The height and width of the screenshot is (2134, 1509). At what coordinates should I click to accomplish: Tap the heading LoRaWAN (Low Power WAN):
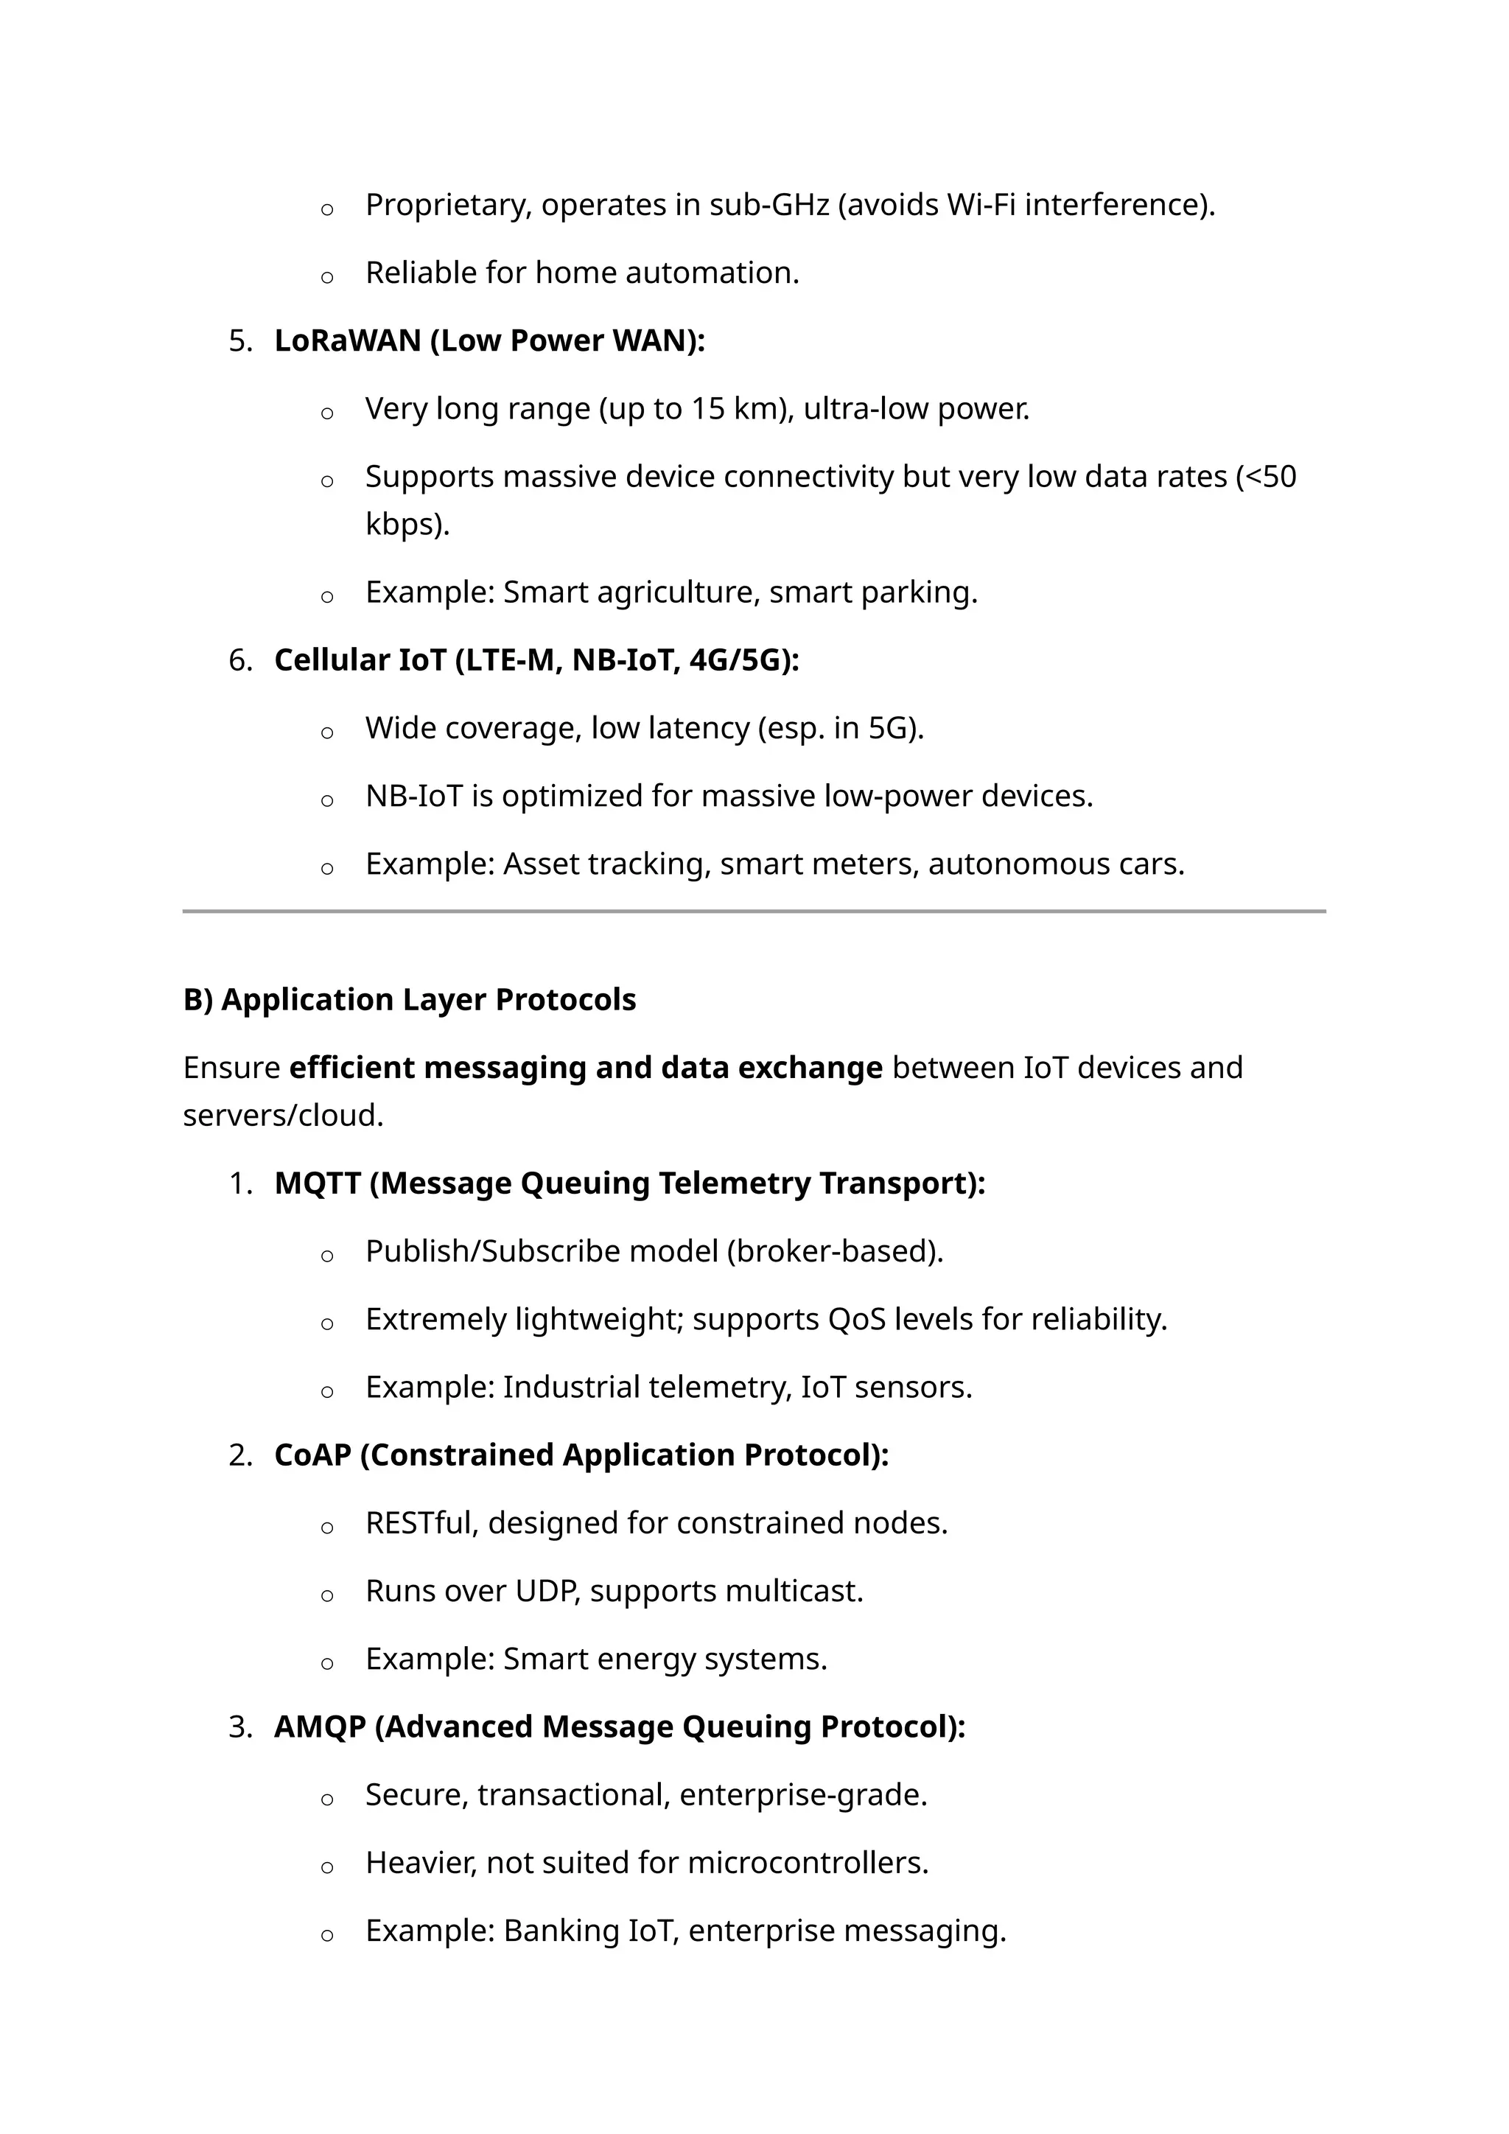(x=490, y=341)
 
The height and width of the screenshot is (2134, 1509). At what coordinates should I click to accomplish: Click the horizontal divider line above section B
(x=754, y=912)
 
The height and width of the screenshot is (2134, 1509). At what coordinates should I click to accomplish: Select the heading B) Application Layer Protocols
(x=409, y=1000)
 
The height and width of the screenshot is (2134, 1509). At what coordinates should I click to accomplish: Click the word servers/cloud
(x=282, y=1116)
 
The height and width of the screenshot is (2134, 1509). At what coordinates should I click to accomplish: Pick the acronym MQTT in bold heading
(x=317, y=1184)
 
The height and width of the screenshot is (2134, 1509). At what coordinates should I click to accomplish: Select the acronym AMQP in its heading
(x=320, y=1727)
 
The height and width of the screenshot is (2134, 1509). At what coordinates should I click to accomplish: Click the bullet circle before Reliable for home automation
(x=327, y=277)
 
